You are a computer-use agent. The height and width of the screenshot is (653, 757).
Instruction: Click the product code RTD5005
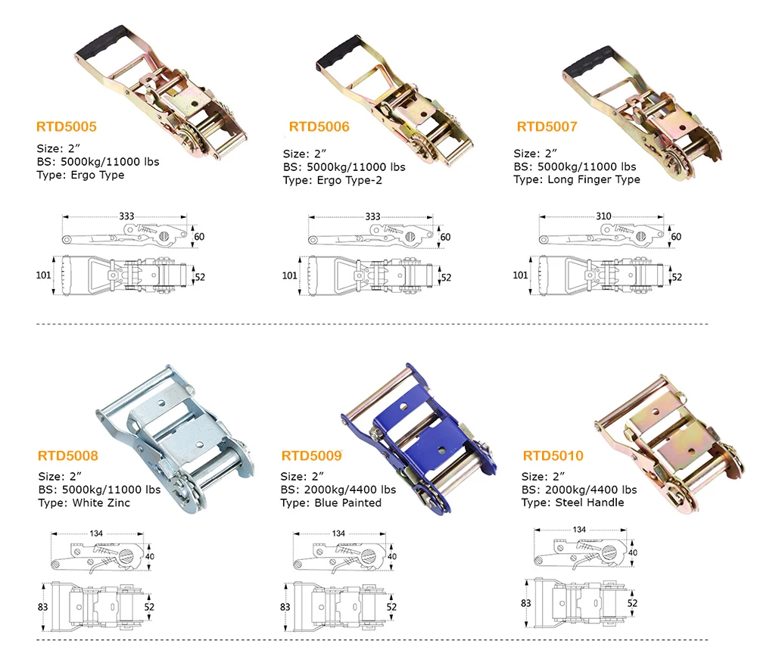tap(66, 126)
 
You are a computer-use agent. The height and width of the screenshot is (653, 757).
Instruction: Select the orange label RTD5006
tap(319, 126)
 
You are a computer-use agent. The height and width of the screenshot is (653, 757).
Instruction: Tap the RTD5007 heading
tap(547, 126)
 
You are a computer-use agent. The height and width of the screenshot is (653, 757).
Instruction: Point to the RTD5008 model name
tap(67, 456)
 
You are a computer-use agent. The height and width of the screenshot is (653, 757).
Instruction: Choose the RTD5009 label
tap(311, 456)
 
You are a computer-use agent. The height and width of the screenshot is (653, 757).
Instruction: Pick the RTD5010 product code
tap(553, 456)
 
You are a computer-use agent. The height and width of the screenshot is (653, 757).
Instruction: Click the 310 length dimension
tap(603, 216)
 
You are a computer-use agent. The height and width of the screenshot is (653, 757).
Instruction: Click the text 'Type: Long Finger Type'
tap(576, 179)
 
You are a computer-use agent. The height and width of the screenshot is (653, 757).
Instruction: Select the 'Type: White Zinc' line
tap(84, 503)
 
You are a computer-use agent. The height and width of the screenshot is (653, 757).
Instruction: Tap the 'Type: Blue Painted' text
tap(331, 503)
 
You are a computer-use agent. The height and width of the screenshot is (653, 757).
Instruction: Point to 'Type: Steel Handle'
tap(572, 502)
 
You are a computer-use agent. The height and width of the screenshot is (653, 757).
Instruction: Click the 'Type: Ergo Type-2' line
tap(332, 181)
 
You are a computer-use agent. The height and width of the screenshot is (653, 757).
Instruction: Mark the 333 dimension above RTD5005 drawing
tap(126, 216)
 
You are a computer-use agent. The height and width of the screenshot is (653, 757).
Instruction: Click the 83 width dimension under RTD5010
tap(526, 603)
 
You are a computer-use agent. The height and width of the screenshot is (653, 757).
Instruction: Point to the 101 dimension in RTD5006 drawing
tap(289, 275)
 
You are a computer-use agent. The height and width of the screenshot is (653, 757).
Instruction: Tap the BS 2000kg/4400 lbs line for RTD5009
tap(338, 490)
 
